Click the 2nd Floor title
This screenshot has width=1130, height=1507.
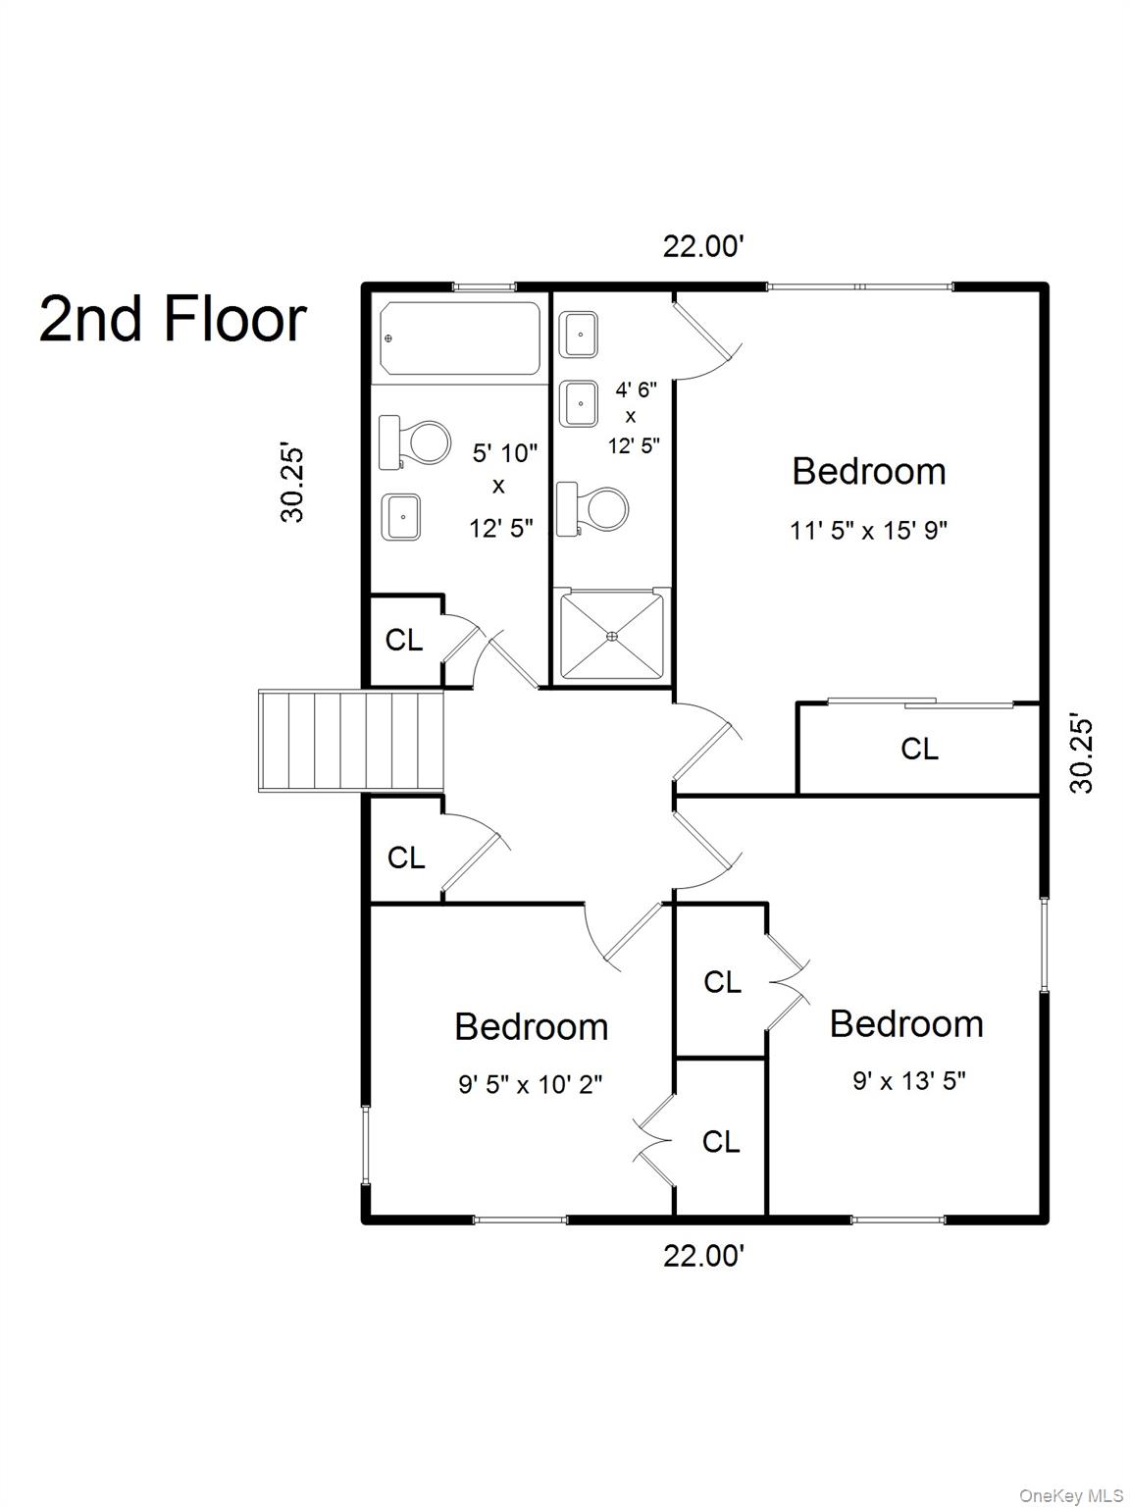click(x=173, y=320)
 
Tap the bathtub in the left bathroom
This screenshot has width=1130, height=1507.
click(x=460, y=338)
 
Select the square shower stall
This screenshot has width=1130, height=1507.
click(x=612, y=636)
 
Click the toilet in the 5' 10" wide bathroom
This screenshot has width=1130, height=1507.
click(x=414, y=442)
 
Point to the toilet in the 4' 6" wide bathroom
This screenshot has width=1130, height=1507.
click(x=591, y=509)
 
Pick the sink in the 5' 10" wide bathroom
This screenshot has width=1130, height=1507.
click(x=401, y=516)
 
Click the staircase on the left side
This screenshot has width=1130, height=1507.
click(x=351, y=741)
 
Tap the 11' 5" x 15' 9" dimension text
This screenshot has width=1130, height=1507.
click(x=869, y=530)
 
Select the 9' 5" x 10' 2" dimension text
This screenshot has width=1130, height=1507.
click(x=531, y=1084)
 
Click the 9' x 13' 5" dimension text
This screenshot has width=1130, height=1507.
click(x=909, y=1080)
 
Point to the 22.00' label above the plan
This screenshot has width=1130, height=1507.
click(x=703, y=246)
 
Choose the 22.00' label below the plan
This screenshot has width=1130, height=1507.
click(x=703, y=1256)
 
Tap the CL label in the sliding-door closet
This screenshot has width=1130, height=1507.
click(x=919, y=749)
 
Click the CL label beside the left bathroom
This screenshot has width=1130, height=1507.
click(x=404, y=640)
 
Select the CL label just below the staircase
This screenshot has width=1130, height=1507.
click(x=406, y=857)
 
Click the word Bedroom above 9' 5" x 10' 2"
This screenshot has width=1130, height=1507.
click(x=531, y=1027)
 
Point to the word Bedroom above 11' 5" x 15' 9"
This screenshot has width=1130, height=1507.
click(x=869, y=472)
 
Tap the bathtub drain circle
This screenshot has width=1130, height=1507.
click(x=389, y=338)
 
